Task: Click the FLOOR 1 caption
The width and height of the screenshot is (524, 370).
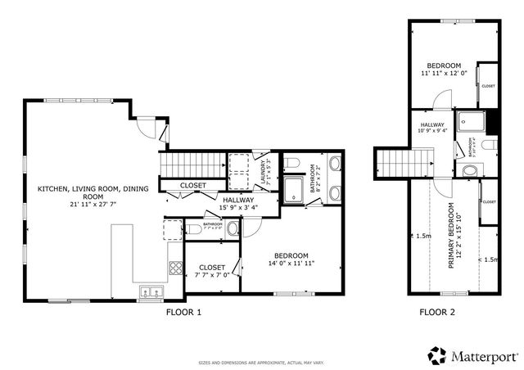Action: coord(183,312)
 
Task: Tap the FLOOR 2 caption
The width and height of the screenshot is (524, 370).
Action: coord(437,312)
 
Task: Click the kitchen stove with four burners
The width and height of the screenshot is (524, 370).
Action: coord(176,267)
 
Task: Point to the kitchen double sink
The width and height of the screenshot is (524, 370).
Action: coord(151,291)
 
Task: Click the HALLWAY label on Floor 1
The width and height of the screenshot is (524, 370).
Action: coord(238,200)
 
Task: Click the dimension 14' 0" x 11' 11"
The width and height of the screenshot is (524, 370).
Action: coord(291,264)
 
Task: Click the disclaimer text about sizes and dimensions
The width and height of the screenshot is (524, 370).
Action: coord(262,363)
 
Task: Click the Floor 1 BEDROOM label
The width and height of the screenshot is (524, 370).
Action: coord(291,255)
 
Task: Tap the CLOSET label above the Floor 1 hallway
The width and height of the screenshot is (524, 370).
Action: coord(193,186)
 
